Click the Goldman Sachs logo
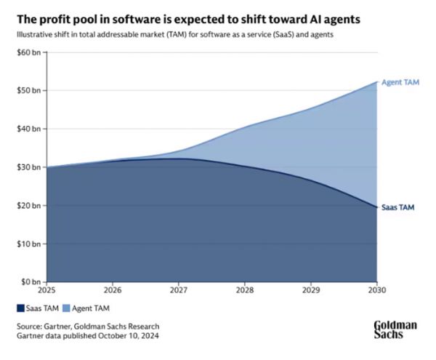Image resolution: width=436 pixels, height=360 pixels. coord(395,329)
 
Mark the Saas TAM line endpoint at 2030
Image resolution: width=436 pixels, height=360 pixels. coord(376,207)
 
